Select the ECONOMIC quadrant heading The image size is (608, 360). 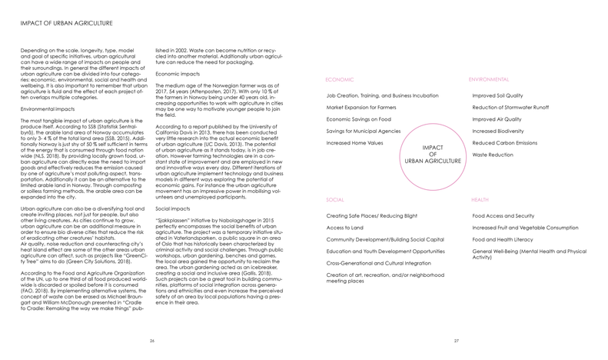tap(340, 79)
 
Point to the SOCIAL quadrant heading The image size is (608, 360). tap(335, 199)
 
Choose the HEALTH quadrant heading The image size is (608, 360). tap(480, 199)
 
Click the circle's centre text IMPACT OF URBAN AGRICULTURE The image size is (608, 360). tap(433, 154)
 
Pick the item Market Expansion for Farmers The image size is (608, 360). tap(361, 108)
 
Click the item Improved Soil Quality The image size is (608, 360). tap(500, 95)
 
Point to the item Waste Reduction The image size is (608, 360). tap(493, 155)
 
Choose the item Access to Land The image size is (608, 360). tap(345, 228)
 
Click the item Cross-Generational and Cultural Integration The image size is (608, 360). tap(379, 263)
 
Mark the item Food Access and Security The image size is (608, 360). tap(503, 216)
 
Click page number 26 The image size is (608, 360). tap(152, 340)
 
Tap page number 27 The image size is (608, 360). tap(456, 340)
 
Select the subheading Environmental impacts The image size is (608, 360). tap(48, 110)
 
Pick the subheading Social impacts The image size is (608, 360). tap(173, 208)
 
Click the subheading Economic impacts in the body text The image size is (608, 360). tap(178, 72)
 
